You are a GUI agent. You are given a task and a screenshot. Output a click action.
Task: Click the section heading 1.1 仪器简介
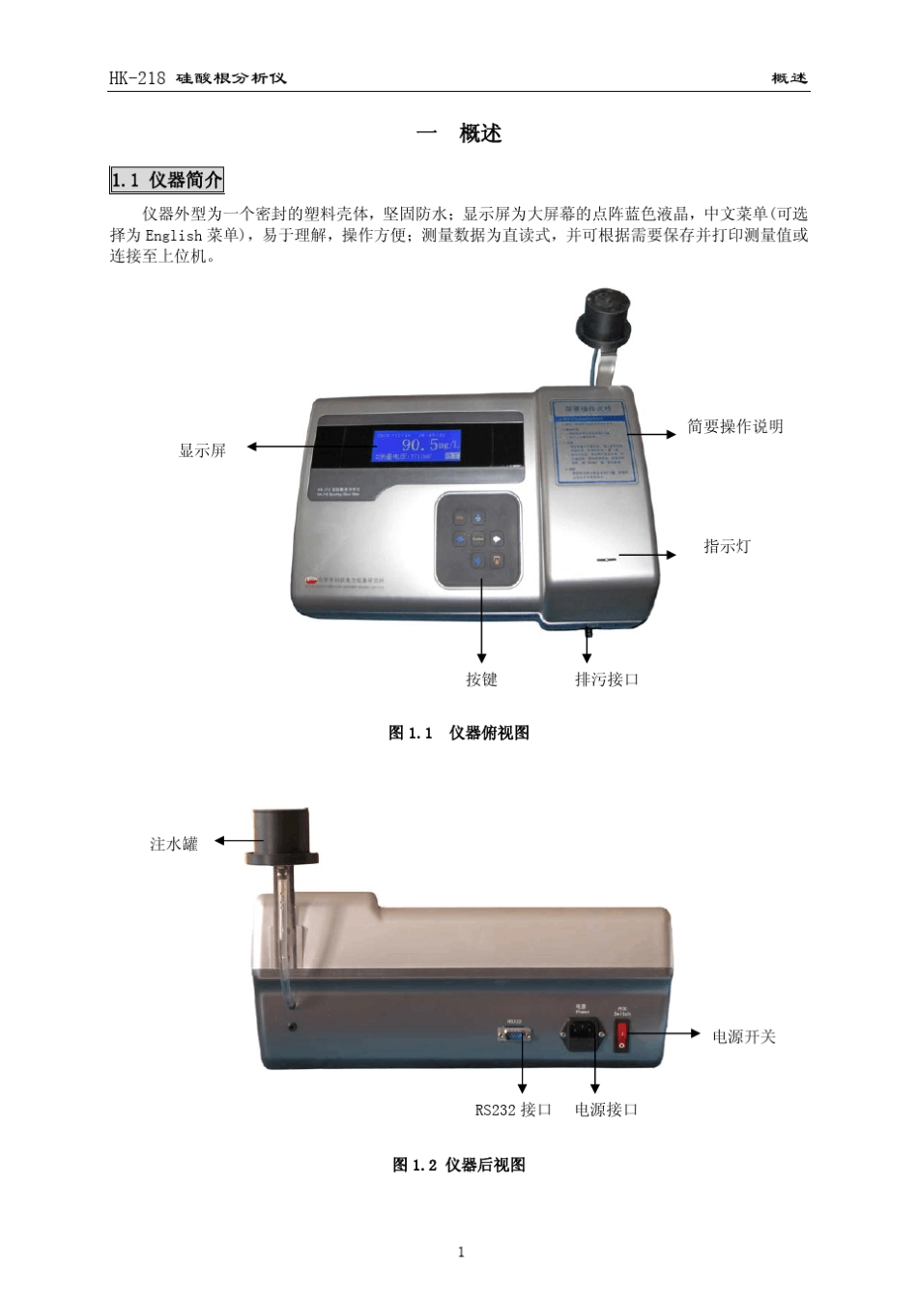point(167,180)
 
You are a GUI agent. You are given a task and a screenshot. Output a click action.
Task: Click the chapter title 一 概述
point(459,134)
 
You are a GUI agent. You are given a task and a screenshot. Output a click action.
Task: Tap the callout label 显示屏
point(203,450)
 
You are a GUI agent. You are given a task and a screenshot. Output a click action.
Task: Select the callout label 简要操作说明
point(734,426)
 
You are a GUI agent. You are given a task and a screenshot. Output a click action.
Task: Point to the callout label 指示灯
point(727,546)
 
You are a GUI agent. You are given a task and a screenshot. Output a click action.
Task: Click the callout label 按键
point(481,679)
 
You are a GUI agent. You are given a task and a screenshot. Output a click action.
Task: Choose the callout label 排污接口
point(607,679)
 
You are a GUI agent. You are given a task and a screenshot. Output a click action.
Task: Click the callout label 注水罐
point(174,844)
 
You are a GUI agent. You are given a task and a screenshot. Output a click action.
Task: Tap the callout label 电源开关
point(744,1036)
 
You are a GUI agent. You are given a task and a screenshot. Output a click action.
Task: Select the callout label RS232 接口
point(513,1110)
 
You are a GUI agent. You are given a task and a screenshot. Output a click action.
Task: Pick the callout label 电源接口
point(606,1110)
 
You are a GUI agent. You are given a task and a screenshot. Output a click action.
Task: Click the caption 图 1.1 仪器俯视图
point(459,733)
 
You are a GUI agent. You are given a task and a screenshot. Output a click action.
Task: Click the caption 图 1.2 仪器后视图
point(459,1165)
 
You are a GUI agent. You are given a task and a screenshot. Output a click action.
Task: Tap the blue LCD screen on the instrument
point(417,447)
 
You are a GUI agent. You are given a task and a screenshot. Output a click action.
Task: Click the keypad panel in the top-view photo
point(478,540)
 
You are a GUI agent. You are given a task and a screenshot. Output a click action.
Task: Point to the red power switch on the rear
point(622,1035)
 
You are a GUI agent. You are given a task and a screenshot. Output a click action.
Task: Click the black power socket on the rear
point(583,1033)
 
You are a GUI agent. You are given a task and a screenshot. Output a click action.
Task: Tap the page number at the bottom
point(461,1252)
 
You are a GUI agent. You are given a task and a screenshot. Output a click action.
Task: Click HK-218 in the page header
point(137,78)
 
